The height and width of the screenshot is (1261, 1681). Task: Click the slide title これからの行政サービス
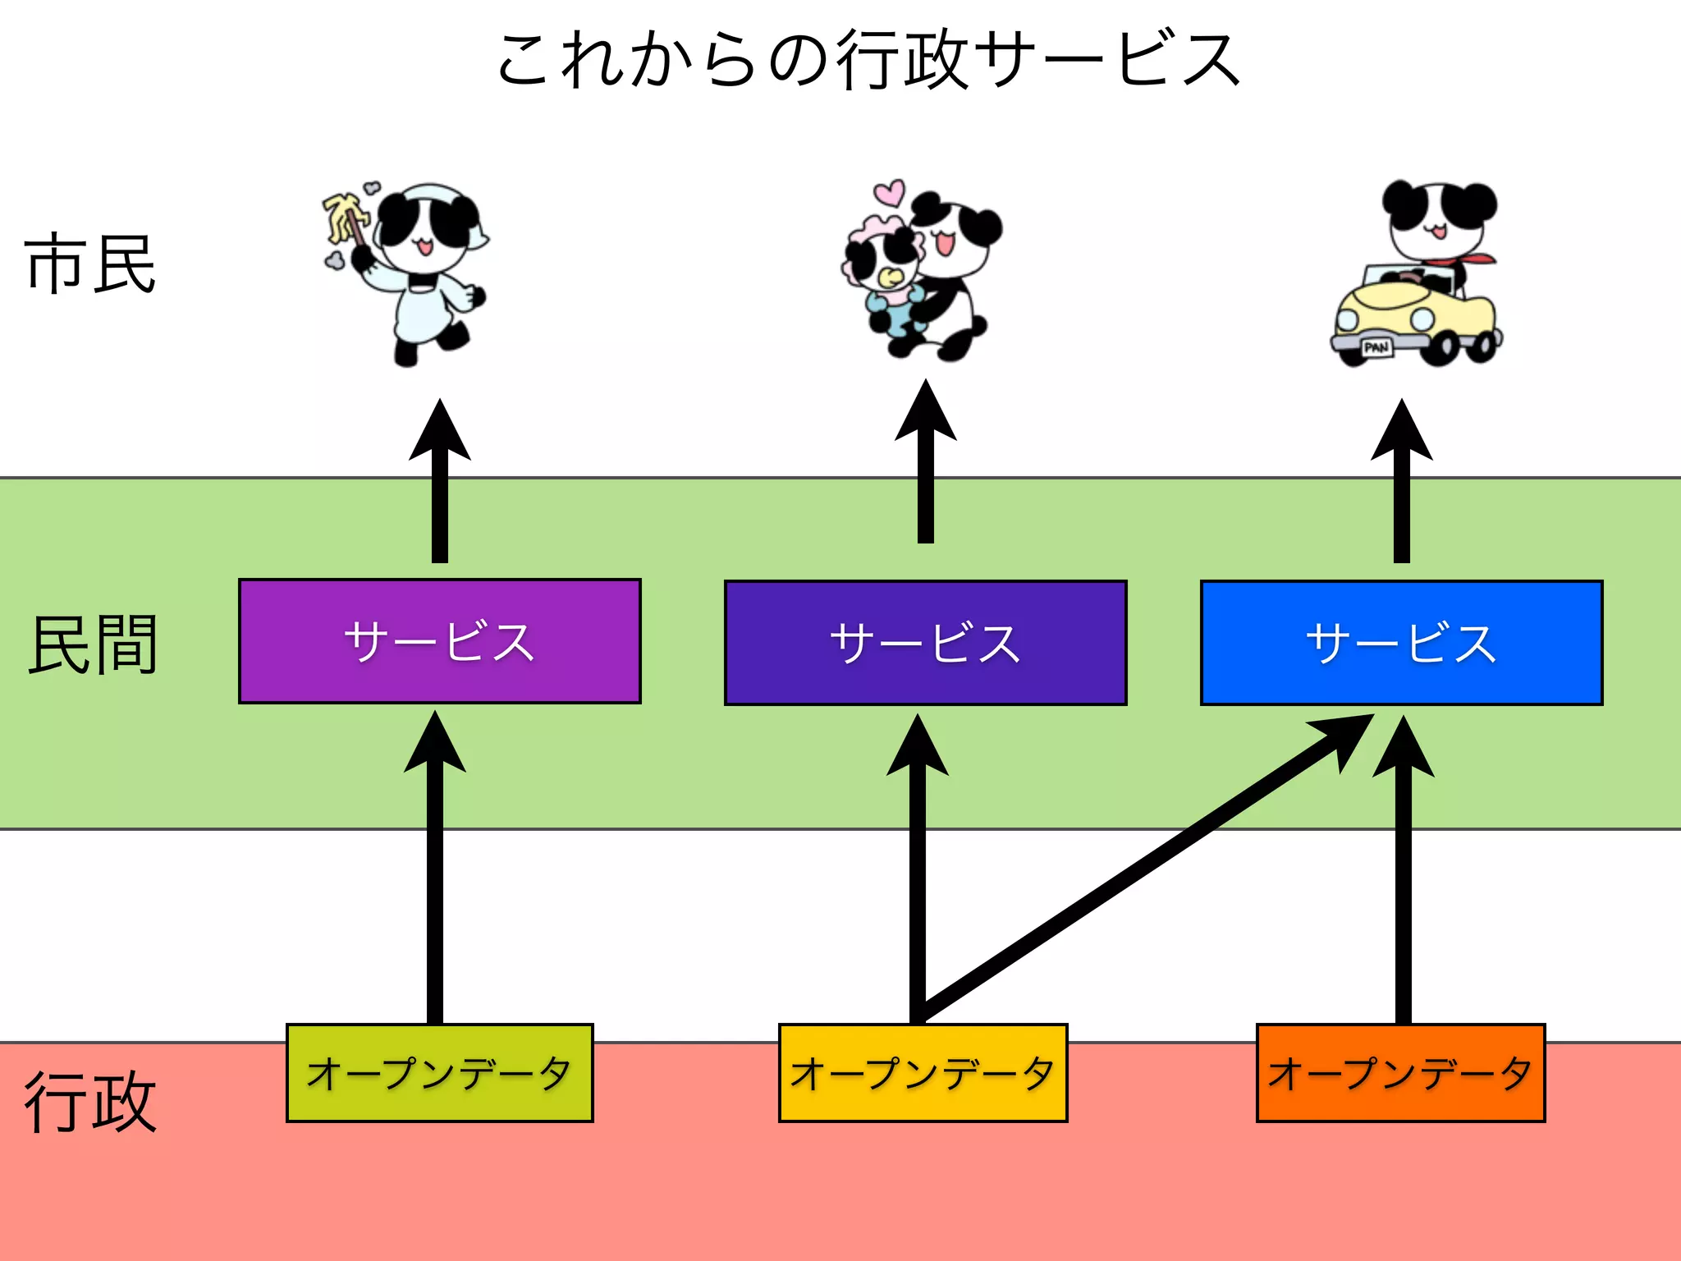coord(868,59)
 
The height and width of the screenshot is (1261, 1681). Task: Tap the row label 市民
coord(90,264)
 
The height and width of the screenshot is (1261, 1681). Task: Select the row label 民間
coord(92,644)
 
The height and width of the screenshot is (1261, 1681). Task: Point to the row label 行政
coord(90,1102)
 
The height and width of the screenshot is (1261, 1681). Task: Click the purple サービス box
coord(439,641)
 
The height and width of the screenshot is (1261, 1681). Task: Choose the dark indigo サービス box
coord(925,643)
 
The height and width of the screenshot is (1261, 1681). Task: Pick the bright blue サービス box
coord(1401,643)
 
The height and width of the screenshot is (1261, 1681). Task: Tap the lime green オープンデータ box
coord(439,1073)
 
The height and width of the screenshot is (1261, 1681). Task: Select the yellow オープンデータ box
coord(923,1073)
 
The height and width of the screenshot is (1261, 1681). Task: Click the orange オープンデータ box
coord(1400,1073)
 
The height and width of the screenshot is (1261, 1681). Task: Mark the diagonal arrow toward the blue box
coord(1149,866)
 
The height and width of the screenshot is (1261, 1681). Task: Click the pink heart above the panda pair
coord(889,192)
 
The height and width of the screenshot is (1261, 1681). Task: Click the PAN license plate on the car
coord(1376,347)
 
